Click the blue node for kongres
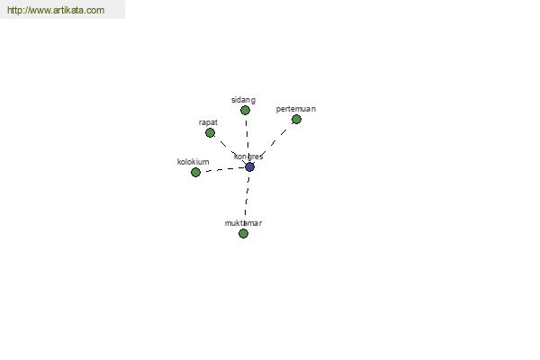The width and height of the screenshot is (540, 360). (x=249, y=167)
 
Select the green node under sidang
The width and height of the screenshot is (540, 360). (x=245, y=110)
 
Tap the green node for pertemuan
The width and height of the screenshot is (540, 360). (x=296, y=119)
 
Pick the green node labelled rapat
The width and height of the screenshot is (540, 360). (x=210, y=132)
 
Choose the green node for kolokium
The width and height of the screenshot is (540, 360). (x=195, y=172)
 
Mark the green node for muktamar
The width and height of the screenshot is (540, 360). (x=243, y=234)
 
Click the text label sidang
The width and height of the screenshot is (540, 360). (x=244, y=100)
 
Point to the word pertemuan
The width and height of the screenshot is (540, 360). (x=296, y=109)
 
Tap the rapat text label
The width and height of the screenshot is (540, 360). (x=208, y=122)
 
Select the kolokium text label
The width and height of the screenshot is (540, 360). (x=193, y=162)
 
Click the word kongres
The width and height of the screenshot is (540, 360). (x=248, y=157)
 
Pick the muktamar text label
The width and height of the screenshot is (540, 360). (x=243, y=223)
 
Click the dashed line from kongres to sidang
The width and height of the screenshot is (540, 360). (x=247, y=139)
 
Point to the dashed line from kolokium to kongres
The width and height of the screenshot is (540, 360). (x=222, y=169)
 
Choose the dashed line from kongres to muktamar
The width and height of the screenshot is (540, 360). (x=247, y=200)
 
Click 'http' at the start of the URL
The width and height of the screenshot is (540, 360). (x=14, y=10)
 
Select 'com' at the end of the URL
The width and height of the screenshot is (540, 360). (x=95, y=10)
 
